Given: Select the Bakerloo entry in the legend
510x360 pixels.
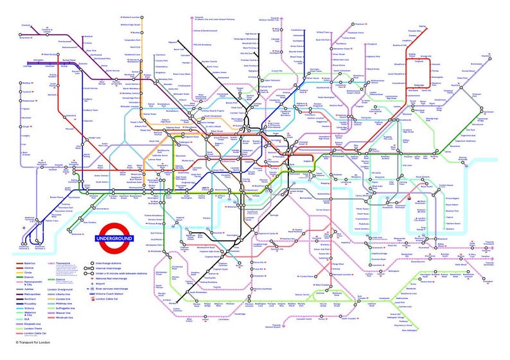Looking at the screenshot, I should coord(28,262).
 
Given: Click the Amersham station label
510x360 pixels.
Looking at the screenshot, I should coord(26,38).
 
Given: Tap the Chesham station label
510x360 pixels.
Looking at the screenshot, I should coord(26,25).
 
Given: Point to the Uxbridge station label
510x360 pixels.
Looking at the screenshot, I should coord(26,66).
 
